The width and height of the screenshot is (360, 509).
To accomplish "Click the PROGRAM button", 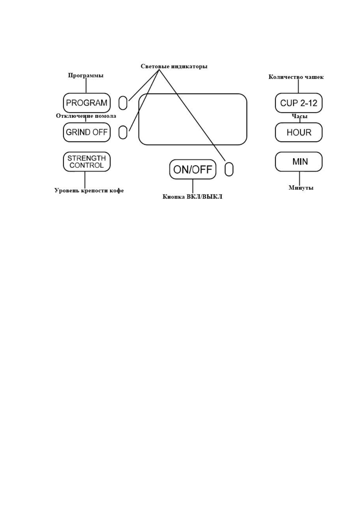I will coord(87,103).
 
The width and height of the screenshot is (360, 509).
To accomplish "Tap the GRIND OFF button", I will coord(87,132).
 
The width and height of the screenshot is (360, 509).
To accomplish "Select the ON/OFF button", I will coord(193,169).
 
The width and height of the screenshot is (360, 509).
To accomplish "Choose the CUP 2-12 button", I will coord(299,103).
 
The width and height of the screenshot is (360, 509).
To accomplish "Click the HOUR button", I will coord(299,132).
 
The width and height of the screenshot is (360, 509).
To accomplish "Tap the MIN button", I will coord(299,162).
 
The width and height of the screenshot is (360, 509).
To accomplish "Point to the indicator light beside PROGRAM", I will coord(123,103).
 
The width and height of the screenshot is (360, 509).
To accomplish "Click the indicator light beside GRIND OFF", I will coord(123,132).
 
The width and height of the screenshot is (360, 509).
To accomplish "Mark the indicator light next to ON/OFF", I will coord(229,169).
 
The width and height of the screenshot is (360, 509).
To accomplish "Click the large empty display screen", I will coord(193,119).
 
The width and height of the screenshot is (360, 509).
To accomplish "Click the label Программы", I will coord(86,76).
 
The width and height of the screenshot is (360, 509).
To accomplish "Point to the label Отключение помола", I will coord(86,116).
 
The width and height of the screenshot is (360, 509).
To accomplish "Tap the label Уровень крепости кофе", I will coord(89,191).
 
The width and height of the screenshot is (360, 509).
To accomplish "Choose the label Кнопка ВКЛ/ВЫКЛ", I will coord(192,197).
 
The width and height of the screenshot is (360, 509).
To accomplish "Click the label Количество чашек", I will coord(296,77).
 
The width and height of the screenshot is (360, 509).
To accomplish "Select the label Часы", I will coord(300,116).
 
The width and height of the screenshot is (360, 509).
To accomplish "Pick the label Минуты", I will coord(301,188).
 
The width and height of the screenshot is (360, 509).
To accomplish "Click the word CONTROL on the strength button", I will coord(86,166).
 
